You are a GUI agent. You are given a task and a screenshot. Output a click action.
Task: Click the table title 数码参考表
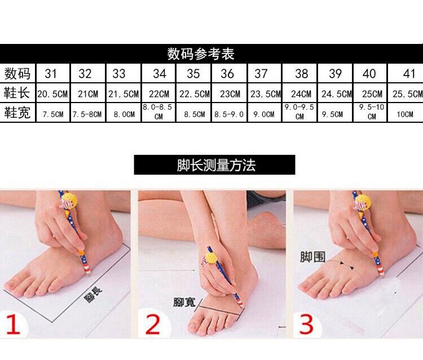201,54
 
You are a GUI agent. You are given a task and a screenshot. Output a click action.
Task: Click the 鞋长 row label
17,93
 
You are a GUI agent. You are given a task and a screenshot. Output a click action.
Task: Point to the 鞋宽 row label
17,112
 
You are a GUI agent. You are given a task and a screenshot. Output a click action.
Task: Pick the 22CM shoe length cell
159,94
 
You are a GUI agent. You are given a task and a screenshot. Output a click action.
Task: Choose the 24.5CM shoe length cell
336,94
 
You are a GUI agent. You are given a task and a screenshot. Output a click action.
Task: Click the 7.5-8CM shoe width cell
87,114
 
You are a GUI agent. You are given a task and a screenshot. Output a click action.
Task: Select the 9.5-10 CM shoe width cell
372,112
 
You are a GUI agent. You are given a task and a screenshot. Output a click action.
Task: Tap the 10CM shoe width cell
404,114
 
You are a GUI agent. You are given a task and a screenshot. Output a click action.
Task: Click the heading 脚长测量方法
216,165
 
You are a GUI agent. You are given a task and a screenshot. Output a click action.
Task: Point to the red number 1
12,325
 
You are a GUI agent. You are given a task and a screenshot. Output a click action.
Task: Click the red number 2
152,325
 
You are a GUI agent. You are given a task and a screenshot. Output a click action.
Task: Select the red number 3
306,324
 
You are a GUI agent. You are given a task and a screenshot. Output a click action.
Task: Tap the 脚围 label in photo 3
312,257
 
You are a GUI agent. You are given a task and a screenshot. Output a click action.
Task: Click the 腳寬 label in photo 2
184,302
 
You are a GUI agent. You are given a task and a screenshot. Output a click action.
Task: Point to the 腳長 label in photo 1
93,295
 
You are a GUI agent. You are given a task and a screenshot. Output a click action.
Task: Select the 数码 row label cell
17,73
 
